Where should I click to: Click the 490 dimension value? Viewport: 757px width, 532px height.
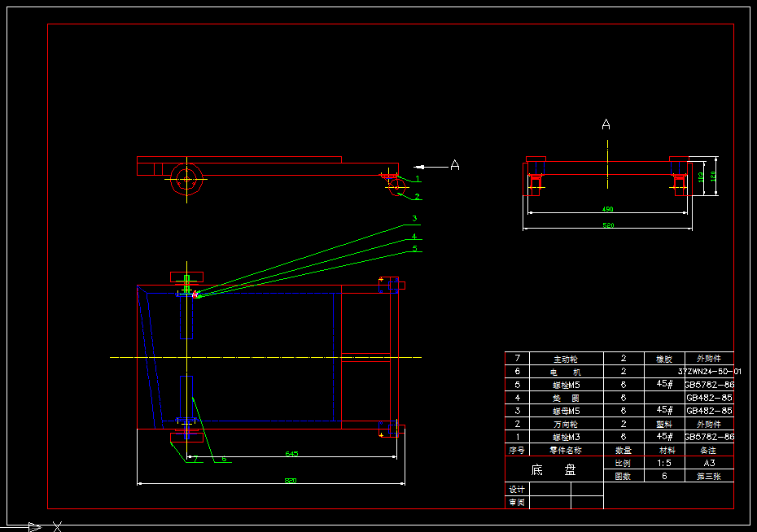click(x=607, y=209)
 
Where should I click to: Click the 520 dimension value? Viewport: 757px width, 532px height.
click(x=607, y=225)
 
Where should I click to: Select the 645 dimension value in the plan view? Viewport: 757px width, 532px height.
click(x=291, y=453)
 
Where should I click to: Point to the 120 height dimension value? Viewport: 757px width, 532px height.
click(x=713, y=176)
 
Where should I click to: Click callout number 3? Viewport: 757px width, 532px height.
click(x=414, y=219)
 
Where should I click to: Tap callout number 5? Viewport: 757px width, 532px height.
click(x=414, y=249)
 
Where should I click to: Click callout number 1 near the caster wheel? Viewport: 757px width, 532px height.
click(x=418, y=178)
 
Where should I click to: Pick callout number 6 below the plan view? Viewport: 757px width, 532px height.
click(x=223, y=459)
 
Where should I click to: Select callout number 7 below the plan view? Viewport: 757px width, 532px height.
click(x=195, y=459)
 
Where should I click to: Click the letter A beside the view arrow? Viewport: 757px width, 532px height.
click(x=455, y=165)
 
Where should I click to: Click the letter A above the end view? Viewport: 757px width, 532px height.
click(x=606, y=124)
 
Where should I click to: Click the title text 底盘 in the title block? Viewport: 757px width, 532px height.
click(x=554, y=469)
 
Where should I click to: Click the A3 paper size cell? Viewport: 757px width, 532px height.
click(x=709, y=463)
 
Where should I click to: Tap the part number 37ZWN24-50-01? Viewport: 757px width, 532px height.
click(x=709, y=371)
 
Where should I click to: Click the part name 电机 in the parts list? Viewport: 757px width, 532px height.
click(x=566, y=371)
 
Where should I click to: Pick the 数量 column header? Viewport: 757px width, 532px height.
click(x=623, y=450)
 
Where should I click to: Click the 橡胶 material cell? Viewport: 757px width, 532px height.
click(x=665, y=358)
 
